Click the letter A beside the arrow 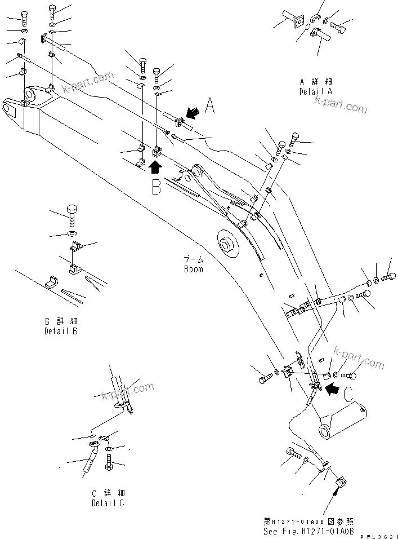coord(209,105)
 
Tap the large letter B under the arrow coord(156,186)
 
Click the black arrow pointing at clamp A coord(193,114)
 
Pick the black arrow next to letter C coord(334,387)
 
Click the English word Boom coord(193,269)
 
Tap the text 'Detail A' coord(316,91)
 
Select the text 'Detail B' coord(61,331)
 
